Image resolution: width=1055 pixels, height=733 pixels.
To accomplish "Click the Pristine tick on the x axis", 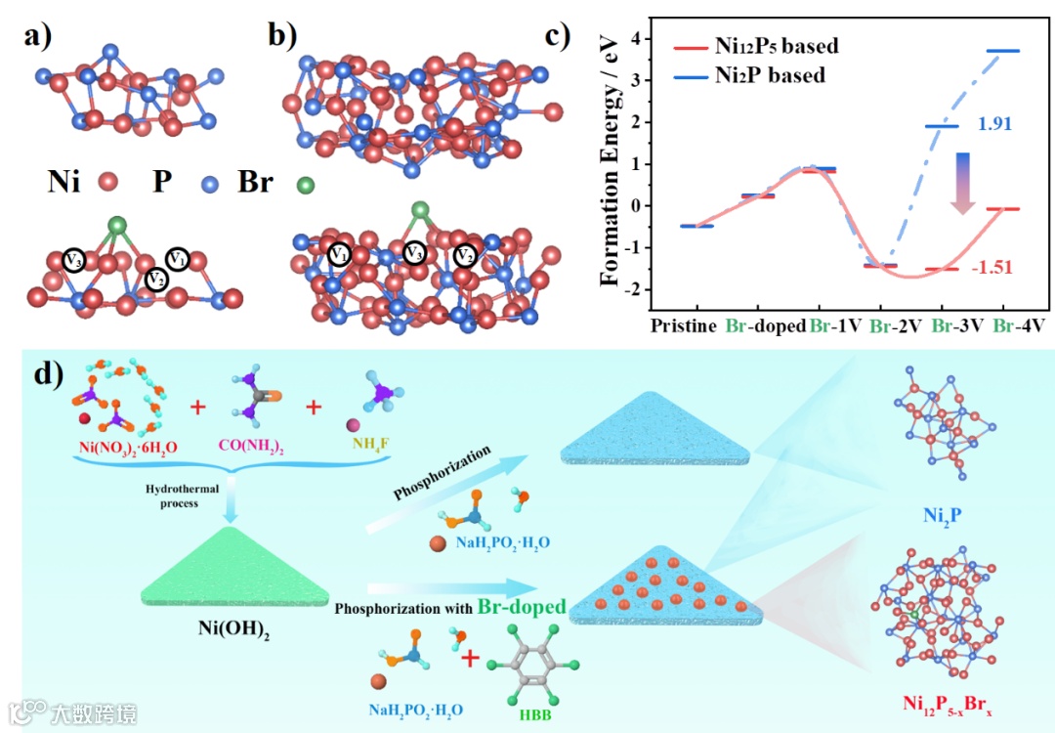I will coord(684,325).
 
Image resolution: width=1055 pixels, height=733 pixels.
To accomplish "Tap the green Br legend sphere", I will coord(306,184).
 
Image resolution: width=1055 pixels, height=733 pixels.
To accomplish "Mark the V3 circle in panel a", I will coord(74,260).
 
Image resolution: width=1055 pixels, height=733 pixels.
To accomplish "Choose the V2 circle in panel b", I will coord(465,257).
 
